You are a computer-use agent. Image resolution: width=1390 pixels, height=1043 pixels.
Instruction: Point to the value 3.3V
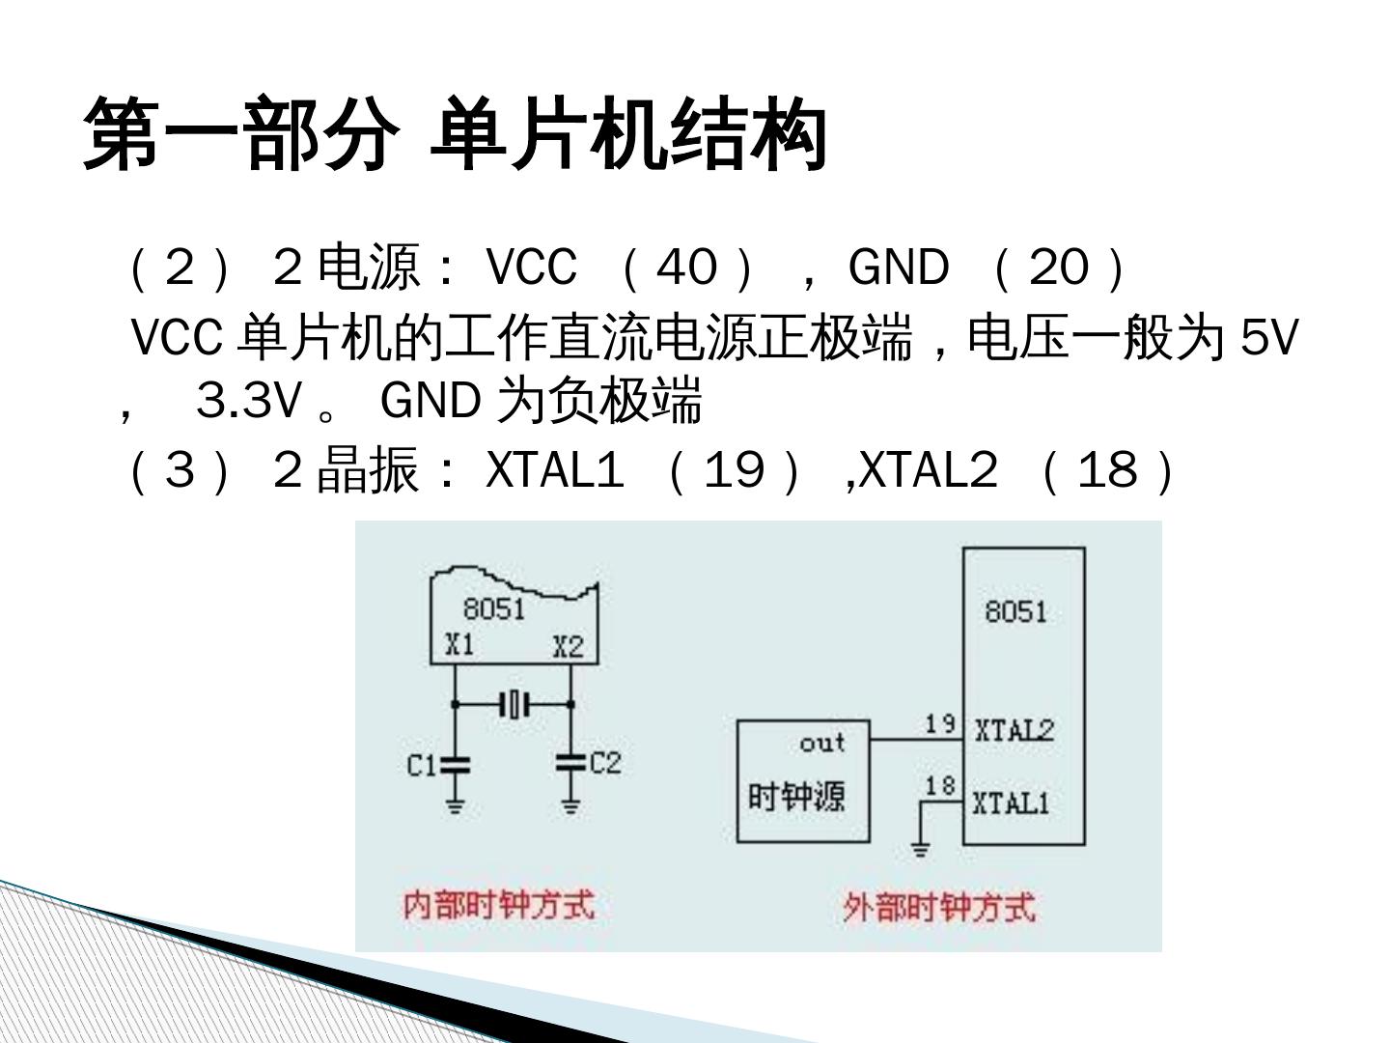(x=249, y=400)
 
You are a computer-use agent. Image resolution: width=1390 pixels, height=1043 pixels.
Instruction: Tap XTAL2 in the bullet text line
(x=928, y=471)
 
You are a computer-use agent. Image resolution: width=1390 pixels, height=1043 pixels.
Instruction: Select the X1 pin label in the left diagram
(x=459, y=644)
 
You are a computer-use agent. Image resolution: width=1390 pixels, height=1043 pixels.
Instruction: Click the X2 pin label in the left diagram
(x=568, y=646)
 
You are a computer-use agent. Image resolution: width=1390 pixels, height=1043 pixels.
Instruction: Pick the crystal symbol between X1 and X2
(x=514, y=704)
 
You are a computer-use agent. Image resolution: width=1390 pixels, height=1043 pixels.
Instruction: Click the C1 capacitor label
(x=421, y=765)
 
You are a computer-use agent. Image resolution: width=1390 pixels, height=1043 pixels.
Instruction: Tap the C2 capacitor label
(x=605, y=763)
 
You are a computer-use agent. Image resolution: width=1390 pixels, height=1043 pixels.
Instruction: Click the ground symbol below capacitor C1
(x=455, y=803)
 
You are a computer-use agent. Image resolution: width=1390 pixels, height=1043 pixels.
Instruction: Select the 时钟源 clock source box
(x=802, y=780)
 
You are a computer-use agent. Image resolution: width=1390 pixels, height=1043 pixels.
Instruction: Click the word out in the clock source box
(x=822, y=743)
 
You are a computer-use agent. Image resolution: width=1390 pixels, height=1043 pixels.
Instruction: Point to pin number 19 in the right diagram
(x=939, y=723)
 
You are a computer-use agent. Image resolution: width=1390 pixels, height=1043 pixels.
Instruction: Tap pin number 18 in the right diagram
(x=939, y=785)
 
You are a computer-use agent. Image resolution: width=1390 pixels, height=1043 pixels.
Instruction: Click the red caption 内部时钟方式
(x=498, y=905)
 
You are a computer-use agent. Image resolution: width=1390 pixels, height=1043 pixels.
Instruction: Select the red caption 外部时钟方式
(x=938, y=908)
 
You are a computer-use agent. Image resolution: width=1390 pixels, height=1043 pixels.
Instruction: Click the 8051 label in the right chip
(x=1015, y=610)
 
